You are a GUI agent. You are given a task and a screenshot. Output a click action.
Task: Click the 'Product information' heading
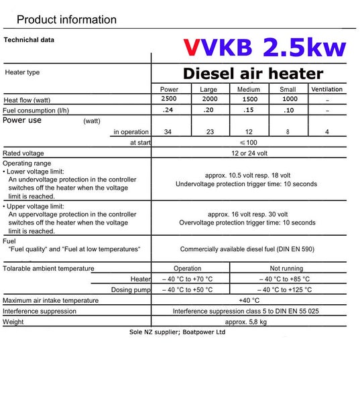[x=66, y=19]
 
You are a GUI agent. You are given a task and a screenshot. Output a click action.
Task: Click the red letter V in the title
[x=192, y=48]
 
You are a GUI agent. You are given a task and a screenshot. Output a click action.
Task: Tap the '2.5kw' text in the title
[x=304, y=47]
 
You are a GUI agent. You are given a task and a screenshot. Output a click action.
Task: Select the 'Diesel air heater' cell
[x=253, y=74]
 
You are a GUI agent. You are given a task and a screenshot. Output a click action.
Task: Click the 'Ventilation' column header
[x=326, y=89]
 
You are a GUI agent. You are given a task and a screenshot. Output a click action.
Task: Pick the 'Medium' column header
[x=249, y=89]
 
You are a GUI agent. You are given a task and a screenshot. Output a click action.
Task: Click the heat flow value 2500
[x=170, y=99]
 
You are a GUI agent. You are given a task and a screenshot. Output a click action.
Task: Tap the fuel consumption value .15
[x=249, y=110]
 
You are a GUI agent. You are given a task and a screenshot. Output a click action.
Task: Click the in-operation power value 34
[x=168, y=132]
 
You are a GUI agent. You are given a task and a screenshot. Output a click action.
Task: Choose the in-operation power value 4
[x=326, y=132]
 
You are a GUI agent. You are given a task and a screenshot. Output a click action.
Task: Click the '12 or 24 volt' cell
[x=249, y=153]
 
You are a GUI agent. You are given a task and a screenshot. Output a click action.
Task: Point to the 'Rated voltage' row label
[x=23, y=153]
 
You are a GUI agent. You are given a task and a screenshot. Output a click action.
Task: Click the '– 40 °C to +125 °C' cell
[x=288, y=290]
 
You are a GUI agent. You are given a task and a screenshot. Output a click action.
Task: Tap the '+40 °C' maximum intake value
[x=249, y=301]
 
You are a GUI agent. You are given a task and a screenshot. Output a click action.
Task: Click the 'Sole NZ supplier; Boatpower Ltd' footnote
[x=177, y=332]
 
